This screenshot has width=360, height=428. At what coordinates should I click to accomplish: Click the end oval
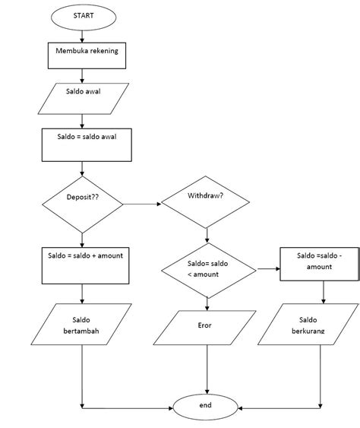tap(205, 407)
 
